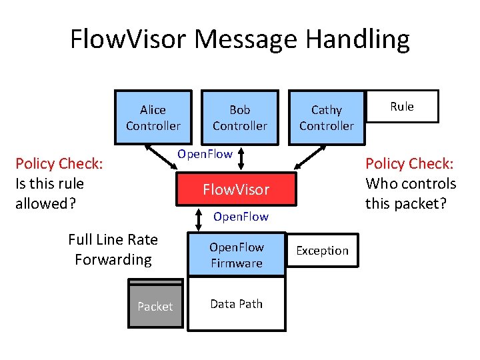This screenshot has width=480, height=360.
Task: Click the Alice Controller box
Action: pyautogui.click(x=153, y=117)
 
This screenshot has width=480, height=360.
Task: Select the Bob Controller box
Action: pyautogui.click(x=239, y=117)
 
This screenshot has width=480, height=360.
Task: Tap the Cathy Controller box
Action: pyautogui.click(x=326, y=117)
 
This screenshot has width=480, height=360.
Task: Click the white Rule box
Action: pyautogui.click(x=402, y=107)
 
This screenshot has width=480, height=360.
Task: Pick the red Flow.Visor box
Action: pyautogui.click(x=236, y=189)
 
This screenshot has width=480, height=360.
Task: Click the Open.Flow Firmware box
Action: pyautogui.click(x=236, y=255)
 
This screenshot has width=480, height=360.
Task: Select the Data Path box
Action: pyautogui.click(x=236, y=304)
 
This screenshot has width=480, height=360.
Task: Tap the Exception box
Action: pyautogui.click(x=322, y=251)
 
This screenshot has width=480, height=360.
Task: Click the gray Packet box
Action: pyautogui.click(x=155, y=305)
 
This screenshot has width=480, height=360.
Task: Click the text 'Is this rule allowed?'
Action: pyautogui.click(x=50, y=193)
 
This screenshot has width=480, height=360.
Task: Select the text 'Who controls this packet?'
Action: pyautogui.click(x=411, y=193)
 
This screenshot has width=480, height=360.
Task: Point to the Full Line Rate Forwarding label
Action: pyautogui.click(x=113, y=249)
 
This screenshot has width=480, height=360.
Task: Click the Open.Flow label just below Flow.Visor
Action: pyautogui.click(x=241, y=217)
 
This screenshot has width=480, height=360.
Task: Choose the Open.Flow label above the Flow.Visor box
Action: pyautogui.click(x=205, y=154)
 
